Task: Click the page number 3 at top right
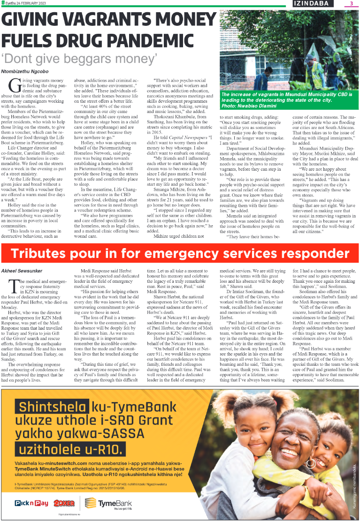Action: point(351,4)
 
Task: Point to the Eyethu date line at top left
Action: point(23,3)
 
